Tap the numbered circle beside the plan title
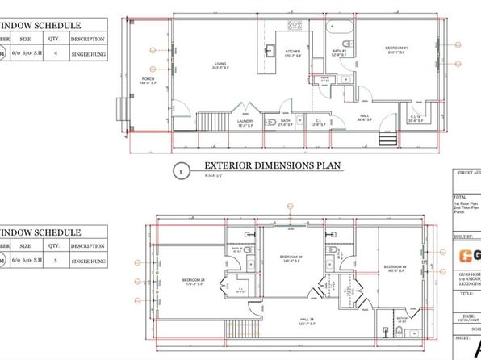click(x=181, y=170)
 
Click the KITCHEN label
click(x=292, y=53)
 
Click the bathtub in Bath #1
click(x=339, y=30)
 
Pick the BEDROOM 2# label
click(x=195, y=282)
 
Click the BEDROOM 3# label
click(x=291, y=257)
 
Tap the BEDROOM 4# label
click(x=395, y=267)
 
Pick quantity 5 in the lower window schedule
click(x=56, y=262)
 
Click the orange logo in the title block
click(x=466, y=256)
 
